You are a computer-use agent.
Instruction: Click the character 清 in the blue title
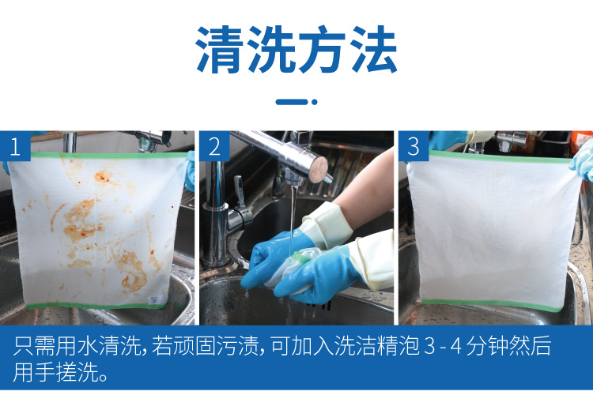point(219,50)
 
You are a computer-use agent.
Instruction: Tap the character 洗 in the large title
point(270,50)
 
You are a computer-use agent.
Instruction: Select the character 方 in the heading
point(322,50)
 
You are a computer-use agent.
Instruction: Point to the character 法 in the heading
point(373,50)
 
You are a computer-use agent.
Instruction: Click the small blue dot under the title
point(314,102)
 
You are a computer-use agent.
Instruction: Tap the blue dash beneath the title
point(292,102)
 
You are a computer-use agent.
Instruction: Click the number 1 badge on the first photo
point(15,146)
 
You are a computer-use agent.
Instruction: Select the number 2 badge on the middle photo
point(214,146)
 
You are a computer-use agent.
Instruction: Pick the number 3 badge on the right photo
point(414,146)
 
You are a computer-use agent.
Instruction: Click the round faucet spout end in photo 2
point(318,169)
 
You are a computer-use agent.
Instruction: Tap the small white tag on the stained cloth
point(153,300)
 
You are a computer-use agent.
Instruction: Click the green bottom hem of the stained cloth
point(96,306)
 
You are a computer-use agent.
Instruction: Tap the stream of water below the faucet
point(293,216)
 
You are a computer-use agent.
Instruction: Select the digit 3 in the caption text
point(430,346)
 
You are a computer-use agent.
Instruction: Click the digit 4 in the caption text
point(455,346)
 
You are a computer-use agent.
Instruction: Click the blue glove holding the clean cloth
point(583,160)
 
